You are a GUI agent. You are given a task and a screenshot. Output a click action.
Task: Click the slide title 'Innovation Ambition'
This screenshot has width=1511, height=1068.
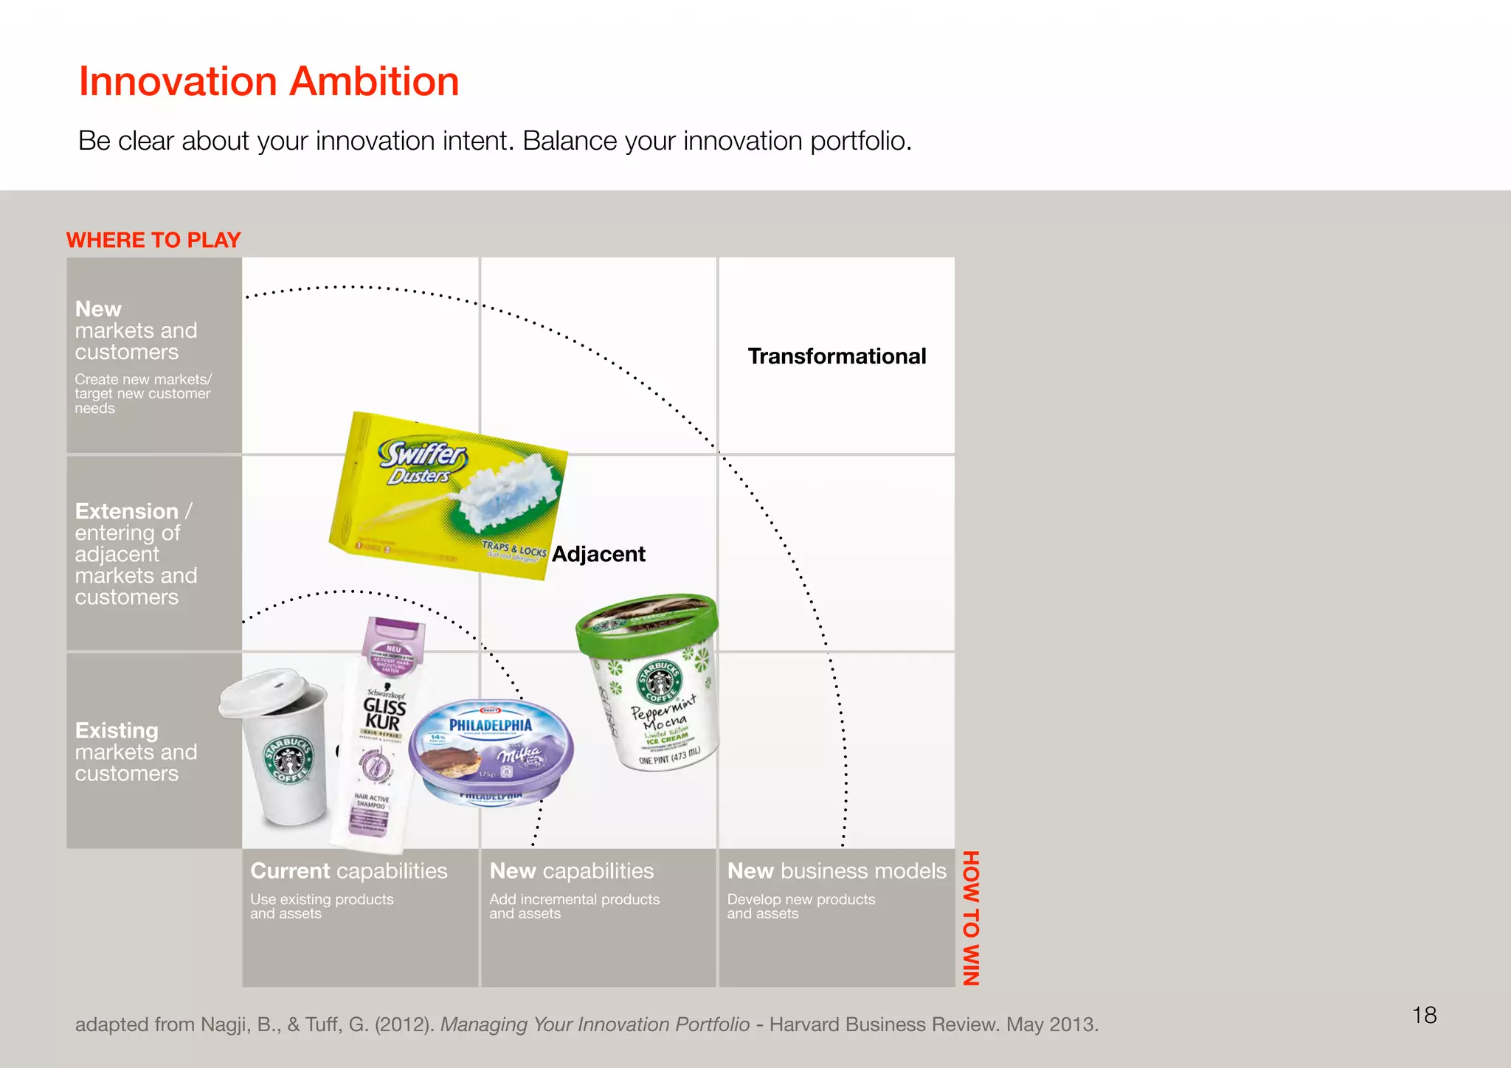point(269,81)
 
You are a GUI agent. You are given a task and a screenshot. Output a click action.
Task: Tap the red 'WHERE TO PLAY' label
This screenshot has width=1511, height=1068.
point(153,240)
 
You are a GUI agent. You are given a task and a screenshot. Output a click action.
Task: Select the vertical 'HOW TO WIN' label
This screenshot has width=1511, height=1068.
point(971,918)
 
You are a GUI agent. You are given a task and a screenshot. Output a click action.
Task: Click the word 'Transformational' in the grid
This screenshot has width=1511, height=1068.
point(837,356)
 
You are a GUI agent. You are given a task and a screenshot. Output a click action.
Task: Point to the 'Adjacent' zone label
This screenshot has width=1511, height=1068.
point(598,554)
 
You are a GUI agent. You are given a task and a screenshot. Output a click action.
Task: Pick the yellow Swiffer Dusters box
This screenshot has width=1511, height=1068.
point(449,494)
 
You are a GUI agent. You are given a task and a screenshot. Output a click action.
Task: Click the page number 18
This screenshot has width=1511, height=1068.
point(1424,1016)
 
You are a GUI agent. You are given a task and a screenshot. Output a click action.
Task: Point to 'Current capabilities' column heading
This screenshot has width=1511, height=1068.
point(348,871)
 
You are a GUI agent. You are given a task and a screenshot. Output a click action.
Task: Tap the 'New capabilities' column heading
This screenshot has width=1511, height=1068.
point(572,871)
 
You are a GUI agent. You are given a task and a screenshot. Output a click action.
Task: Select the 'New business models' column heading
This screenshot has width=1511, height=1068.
point(837,871)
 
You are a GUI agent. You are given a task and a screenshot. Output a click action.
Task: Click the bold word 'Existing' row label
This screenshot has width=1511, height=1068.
point(117,730)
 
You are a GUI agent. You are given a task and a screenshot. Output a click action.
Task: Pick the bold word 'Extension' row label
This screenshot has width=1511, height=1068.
point(127,511)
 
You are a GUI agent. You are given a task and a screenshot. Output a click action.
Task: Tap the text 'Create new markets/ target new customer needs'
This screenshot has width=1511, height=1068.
point(142,394)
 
